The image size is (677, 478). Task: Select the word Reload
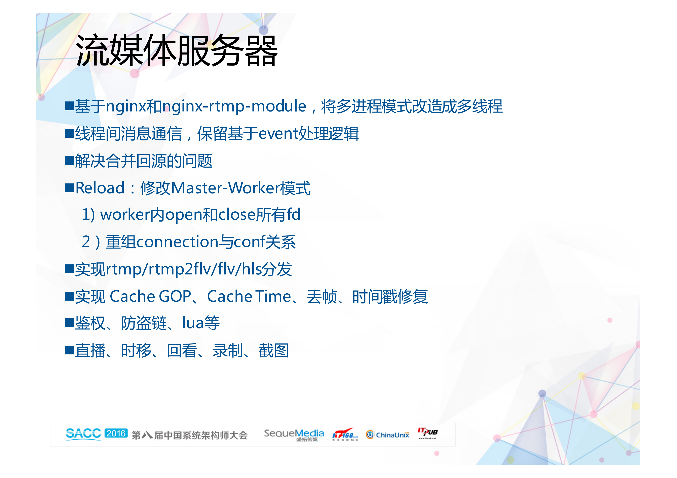coord(100,188)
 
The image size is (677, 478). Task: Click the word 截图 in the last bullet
coord(273,350)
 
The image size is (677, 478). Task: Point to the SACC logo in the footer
coord(83,434)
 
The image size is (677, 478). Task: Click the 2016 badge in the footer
coord(116,433)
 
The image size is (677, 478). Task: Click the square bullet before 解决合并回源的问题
coord(70,161)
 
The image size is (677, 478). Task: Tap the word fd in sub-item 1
coord(294,215)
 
